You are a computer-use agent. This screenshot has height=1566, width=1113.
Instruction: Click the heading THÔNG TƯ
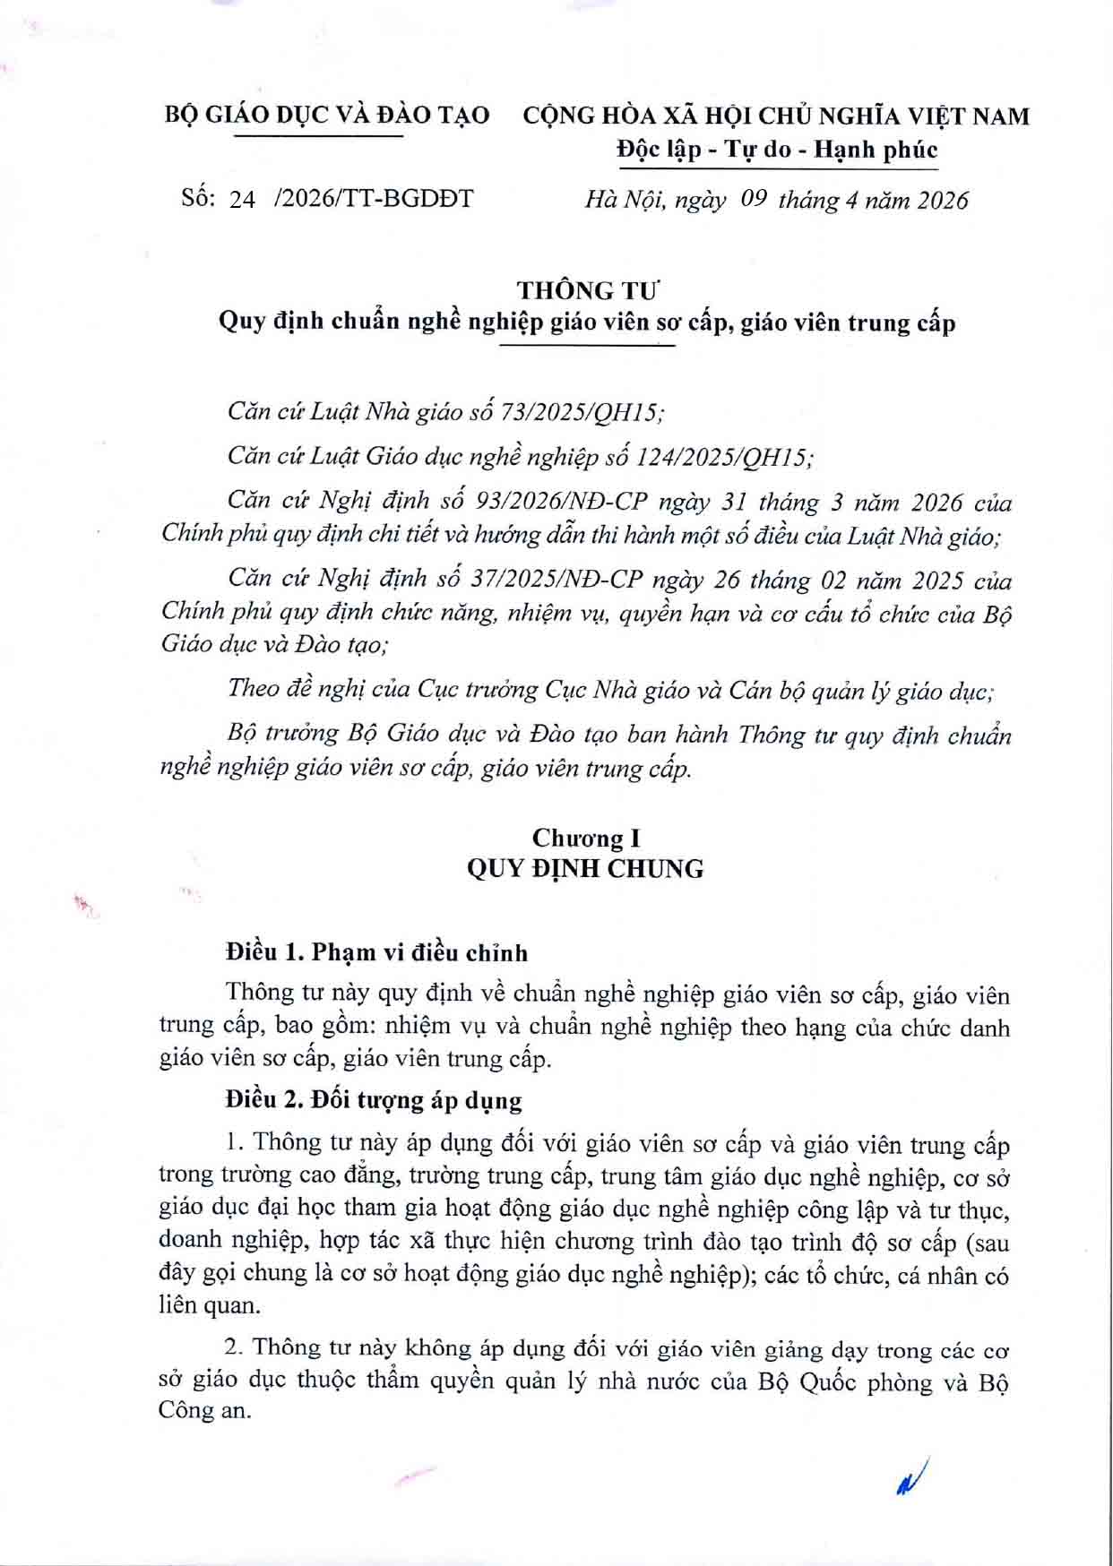tap(587, 290)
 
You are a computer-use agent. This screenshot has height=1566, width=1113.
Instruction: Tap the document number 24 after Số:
tap(242, 200)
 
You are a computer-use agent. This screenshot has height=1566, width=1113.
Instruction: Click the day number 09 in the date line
tap(754, 199)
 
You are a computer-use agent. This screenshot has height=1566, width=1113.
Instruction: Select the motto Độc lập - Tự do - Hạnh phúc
tap(777, 150)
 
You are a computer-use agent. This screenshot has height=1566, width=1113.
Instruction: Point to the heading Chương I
tap(586, 838)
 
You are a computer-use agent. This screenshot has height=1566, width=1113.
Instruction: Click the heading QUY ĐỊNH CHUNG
tap(585, 869)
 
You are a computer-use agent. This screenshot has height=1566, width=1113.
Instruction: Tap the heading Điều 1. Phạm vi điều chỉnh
tap(377, 952)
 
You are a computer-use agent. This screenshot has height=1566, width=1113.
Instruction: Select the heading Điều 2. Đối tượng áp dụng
tap(374, 1099)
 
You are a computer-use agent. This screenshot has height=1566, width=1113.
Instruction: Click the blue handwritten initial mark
tap(910, 1476)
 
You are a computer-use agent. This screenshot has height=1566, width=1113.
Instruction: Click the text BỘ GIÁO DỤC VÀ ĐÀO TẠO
tap(327, 116)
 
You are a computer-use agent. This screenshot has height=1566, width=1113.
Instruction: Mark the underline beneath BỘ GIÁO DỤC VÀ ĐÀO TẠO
tap(318, 136)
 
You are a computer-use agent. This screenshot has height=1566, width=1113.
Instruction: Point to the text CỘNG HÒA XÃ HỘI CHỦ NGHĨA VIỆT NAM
tap(776, 116)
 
